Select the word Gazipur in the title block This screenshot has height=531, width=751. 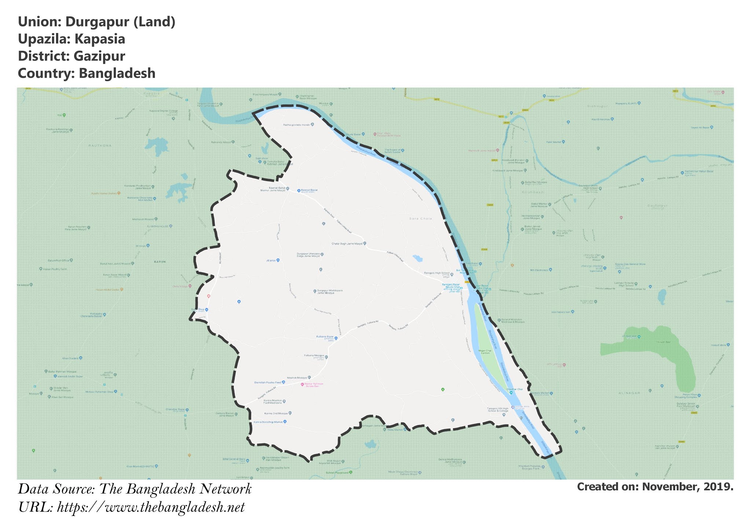click(99, 56)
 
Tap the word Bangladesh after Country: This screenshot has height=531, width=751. click(117, 73)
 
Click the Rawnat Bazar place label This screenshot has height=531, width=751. click(309, 190)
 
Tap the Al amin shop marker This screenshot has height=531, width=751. click(278, 260)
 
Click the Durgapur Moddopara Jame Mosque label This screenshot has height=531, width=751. click(330, 292)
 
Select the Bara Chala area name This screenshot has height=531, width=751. click(421, 219)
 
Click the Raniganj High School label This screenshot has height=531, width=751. click(436, 273)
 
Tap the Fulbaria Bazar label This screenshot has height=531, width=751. click(325, 337)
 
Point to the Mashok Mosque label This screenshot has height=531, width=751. click(297, 378)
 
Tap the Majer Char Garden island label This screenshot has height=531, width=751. click(485, 352)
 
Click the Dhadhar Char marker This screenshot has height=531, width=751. click(511, 393)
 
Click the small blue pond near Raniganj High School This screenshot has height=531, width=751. click(417, 258)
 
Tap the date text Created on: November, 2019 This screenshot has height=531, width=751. click(655, 487)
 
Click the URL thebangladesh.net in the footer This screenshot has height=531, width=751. click(150, 508)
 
